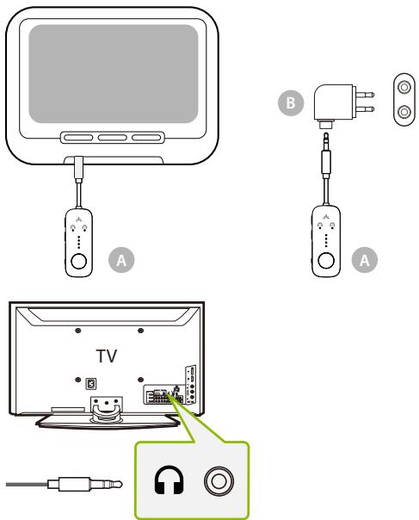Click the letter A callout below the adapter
tap(367, 257)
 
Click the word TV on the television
tap(107, 354)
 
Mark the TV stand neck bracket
tap(108, 404)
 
